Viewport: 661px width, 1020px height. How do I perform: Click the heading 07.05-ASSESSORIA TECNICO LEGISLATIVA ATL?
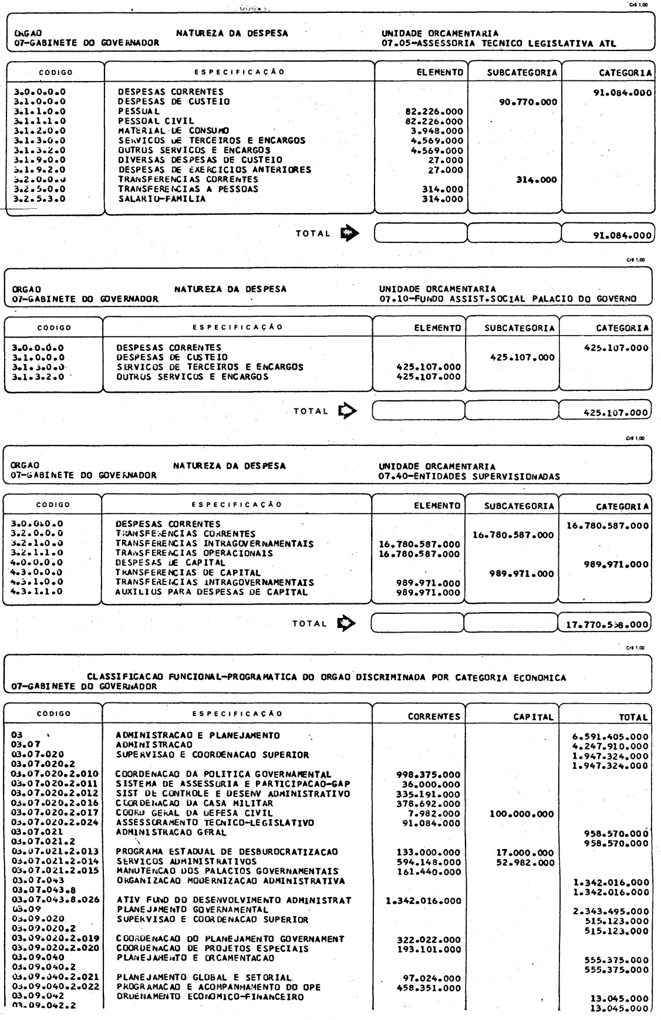498,42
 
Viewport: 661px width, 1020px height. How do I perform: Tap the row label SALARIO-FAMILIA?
162,199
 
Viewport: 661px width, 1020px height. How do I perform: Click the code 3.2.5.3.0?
39,199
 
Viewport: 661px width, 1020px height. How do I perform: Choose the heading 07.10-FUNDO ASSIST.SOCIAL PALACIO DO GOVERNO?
508,298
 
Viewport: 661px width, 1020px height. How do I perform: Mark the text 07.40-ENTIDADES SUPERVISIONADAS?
469,475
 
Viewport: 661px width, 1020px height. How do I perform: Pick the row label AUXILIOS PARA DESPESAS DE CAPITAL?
211,592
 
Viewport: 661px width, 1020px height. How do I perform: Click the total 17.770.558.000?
606,624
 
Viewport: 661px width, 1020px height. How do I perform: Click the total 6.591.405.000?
610,736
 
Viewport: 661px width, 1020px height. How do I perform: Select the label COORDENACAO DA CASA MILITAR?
194,803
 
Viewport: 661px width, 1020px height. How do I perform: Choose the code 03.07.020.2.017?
55,813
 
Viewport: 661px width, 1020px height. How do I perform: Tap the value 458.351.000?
429,988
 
